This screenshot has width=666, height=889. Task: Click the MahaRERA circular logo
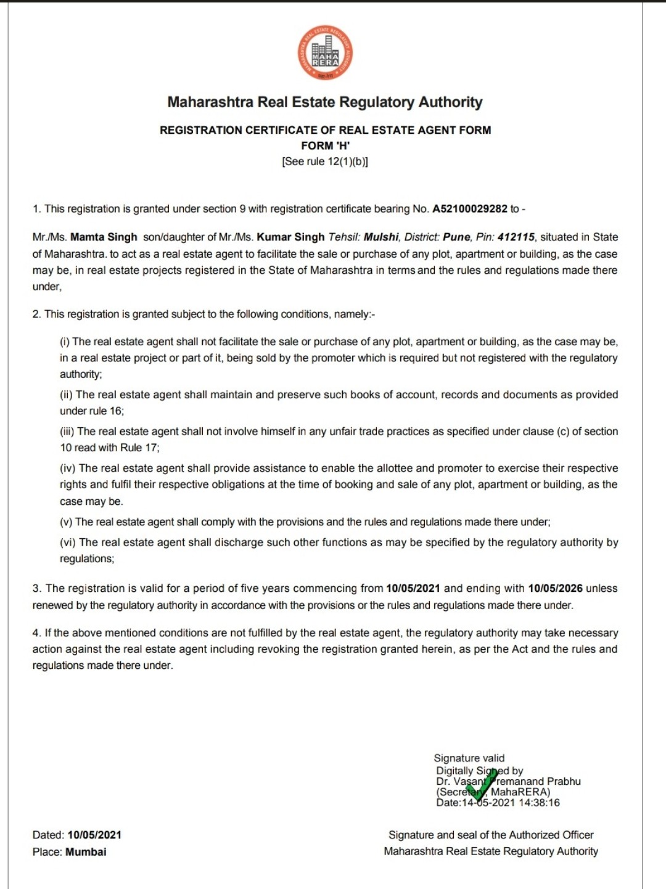click(325, 53)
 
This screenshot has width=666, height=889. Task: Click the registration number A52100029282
click(469, 209)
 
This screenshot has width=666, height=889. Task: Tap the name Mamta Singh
click(104, 237)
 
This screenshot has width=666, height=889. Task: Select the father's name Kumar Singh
click(290, 237)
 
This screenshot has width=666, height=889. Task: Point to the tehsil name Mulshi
click(381, 237)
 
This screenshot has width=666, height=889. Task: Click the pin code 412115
click(516, 237)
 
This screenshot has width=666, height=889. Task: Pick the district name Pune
click(456, 237)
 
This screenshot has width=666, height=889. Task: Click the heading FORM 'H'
click(325, 146)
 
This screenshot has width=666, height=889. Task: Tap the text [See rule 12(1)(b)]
click(325, 162)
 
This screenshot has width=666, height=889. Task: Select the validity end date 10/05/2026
click(555, 588)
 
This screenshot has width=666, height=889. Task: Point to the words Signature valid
click(469, 758)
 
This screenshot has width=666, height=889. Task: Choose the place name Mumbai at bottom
click(86, 852)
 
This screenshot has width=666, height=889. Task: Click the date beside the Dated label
click(94, 835)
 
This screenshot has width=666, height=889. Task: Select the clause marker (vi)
click(67, 543)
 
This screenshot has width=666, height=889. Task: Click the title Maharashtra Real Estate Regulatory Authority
click(325, 102)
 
